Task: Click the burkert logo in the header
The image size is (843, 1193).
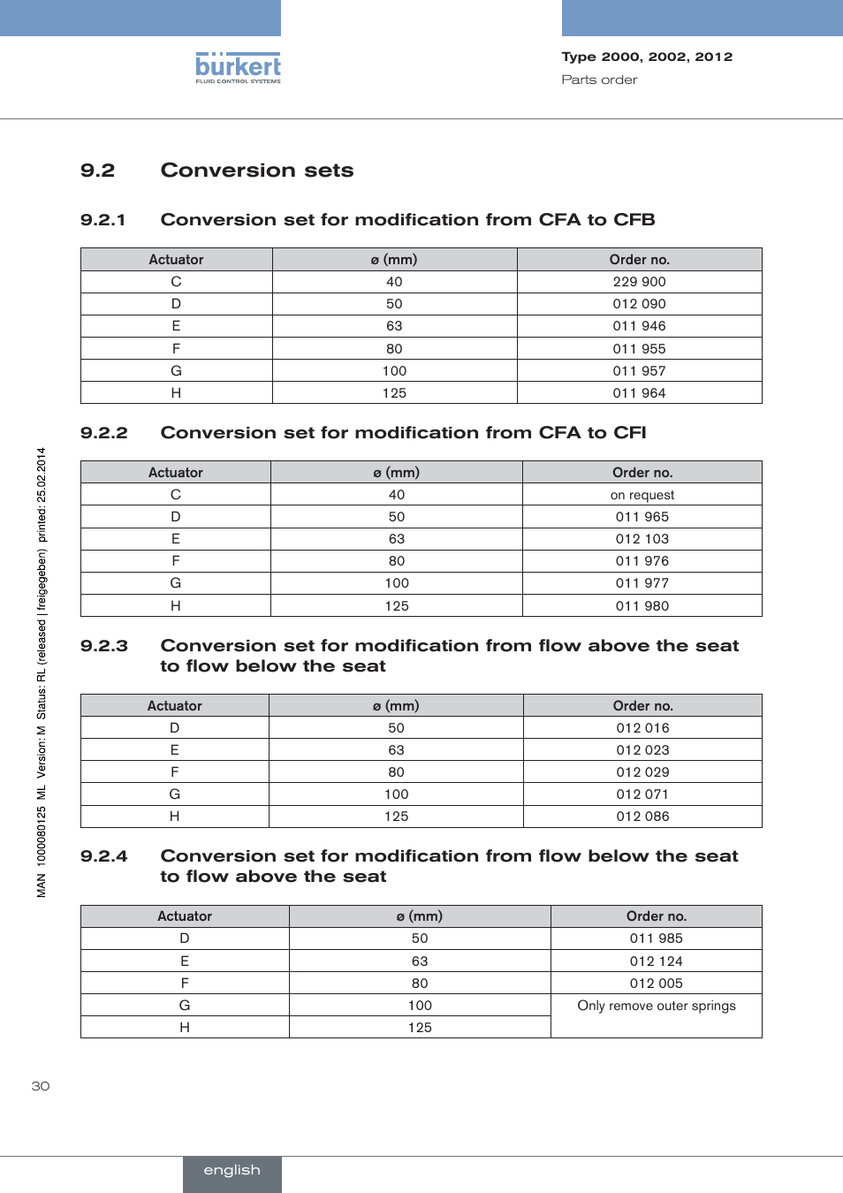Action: [x=238, y=67]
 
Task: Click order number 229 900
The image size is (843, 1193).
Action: [x=639, y=282]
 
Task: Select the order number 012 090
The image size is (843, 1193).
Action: [x=639, y=304]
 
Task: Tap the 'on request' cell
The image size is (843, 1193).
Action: [x=642, y=495]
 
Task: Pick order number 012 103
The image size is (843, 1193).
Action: [x=642, y=539]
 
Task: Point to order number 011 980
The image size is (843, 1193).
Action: [x=642, y=606]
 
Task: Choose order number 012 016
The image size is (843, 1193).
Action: [x=642, y=728]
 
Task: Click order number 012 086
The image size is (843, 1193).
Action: [x=642, y=817]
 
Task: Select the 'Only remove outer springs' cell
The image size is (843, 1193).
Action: [x=656, y=1006]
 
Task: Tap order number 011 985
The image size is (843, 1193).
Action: [x=656, y=938]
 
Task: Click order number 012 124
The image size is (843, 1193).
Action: [x=656, y=961]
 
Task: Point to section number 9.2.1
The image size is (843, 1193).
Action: [x=103, y=220]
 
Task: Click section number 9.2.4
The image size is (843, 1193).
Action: [x=103, y=856]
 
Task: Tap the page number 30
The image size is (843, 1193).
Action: [x=41, y=1086]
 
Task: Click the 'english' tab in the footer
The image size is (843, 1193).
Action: [x=232, y=1171]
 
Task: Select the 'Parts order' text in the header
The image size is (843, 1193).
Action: [x=599, y=80]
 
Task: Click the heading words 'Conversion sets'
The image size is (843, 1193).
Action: [x=257, y=171]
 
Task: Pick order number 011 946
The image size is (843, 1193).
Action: [x=639, y=326]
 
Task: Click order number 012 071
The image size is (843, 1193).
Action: [x=642, y=794]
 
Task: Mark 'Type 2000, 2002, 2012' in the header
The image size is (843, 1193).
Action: [x=647, y=57]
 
